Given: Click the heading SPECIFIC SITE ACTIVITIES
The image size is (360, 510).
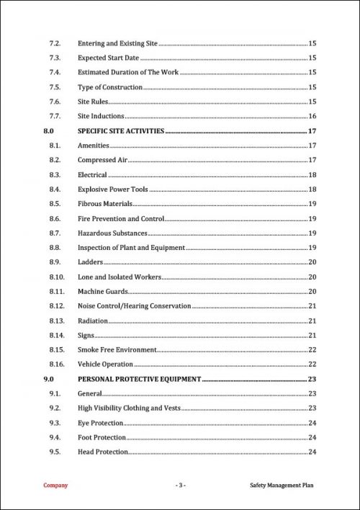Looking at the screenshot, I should tap(121, 131).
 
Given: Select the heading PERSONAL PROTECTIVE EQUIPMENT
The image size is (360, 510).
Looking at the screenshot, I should tap(139, 379).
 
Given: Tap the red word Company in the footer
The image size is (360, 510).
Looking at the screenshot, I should tap(55, 486).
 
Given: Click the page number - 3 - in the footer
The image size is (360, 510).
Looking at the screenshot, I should tap(181, 486).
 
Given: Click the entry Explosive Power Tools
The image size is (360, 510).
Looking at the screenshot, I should tap(112, 189).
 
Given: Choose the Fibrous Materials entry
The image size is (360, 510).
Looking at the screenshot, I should tap(105, 204).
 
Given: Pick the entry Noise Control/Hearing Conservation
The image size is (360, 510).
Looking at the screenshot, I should tap(135, 306).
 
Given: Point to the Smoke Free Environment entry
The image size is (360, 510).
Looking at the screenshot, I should tap(117, 349).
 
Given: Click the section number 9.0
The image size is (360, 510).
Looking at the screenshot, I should tap(49, 379).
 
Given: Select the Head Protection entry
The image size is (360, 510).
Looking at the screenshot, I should tap(103, 452).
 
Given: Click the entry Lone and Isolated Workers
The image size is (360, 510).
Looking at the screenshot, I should tap(120, 277).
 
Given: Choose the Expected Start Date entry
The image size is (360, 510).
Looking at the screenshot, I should tap(108, 58).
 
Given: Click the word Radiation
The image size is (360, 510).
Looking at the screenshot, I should tap(93, 321).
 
